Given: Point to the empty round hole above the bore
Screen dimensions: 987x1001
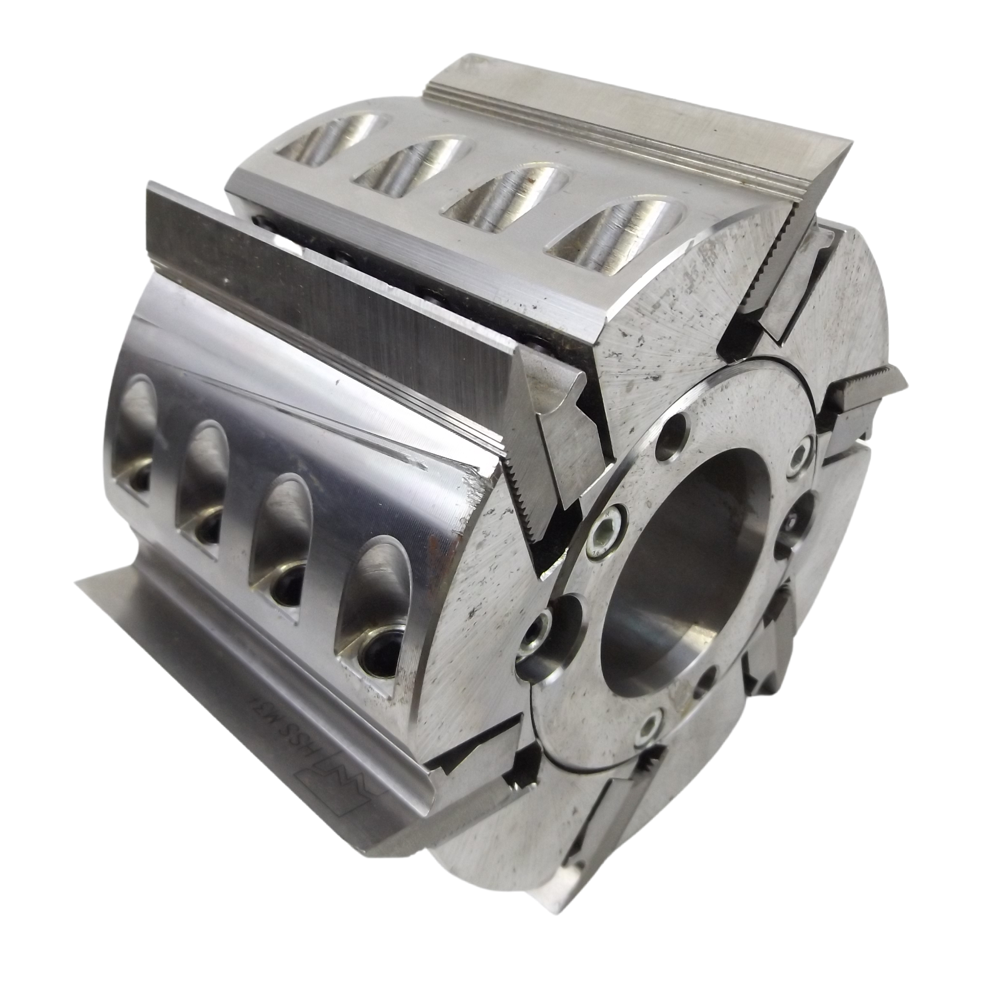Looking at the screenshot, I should tap(674, 431).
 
